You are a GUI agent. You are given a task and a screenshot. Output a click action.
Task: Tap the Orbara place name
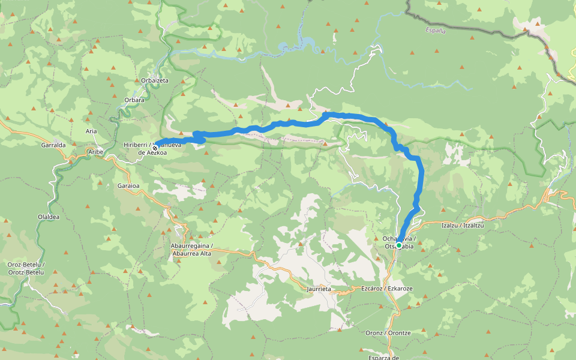pyautogui.click(x=134, y=100)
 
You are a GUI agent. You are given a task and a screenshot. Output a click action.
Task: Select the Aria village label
pyautogui.click(x=91, y=131)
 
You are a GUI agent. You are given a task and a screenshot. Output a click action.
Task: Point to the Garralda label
pyautogui.click(x=53, y=145)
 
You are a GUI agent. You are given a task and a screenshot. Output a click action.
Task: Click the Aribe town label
pyautogui.click(x=96, y=152)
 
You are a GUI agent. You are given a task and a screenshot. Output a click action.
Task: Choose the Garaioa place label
pyautogui.click(x=128, y=186)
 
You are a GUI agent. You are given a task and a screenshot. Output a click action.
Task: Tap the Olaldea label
pyautogui.click(x=49, y=217)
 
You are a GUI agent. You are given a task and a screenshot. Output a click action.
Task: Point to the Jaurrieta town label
pyautogui.click(x=319, y=289)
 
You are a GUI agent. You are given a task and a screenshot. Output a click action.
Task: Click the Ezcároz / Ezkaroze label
pyautogui.click(x=386, y=289)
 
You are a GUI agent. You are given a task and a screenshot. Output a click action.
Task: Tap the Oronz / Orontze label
pyautogui.click(x=388, y=332)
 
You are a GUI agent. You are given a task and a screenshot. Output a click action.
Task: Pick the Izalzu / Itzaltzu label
pyautogui.click(x=462, y=225)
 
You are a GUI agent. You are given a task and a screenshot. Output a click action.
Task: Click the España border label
pyautogui.click(x=435, y=31)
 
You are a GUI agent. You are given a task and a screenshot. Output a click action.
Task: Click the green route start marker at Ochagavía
pyautogui.click(x=398, y=245)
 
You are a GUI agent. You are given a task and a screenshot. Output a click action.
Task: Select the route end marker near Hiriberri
pyautogui.click(x=155, y=148)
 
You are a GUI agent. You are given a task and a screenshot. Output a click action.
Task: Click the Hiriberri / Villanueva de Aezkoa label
pyautogui.click(x=144, y=149)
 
